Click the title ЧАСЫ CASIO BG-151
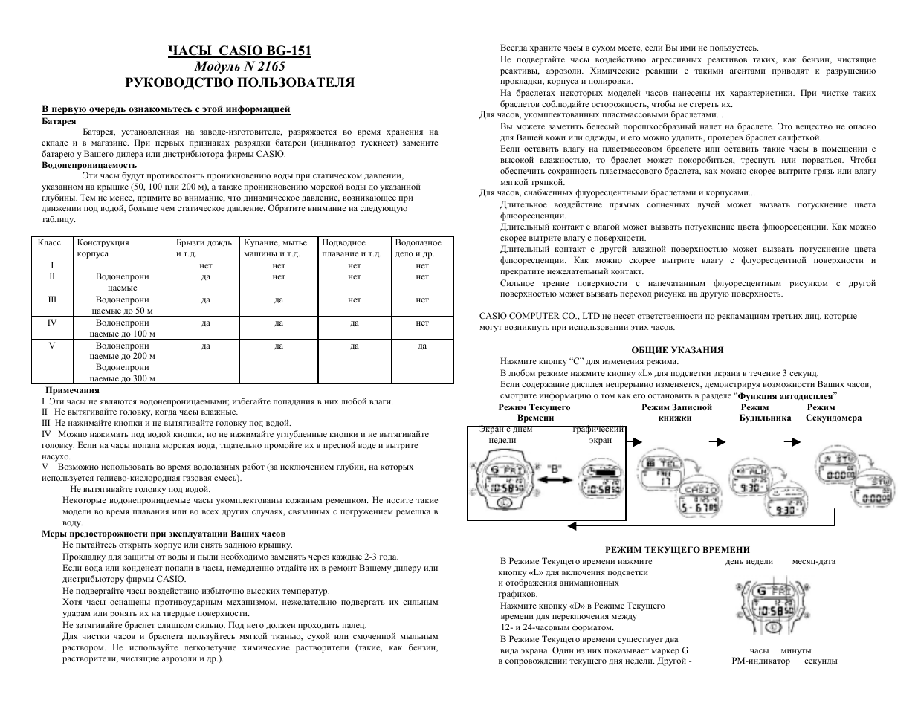(x=239, y=51)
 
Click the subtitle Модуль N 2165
(x=239, y=66)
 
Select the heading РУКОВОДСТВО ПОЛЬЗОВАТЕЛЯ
(x=239, y=82)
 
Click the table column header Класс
(x=49, y=242)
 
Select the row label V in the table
(x=52, y=346)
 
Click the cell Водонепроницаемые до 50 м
(x=123, y=305)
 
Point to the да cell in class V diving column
(x=422, y=346)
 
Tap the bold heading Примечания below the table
(x=72, y=389)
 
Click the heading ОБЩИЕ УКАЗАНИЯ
(x=676, y=350)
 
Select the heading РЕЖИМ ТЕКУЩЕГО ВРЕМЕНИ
(x=676, y=549)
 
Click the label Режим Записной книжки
(x=676, y=412)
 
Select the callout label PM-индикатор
(x=760, y=661)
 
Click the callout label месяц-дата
(x=814, y=562)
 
